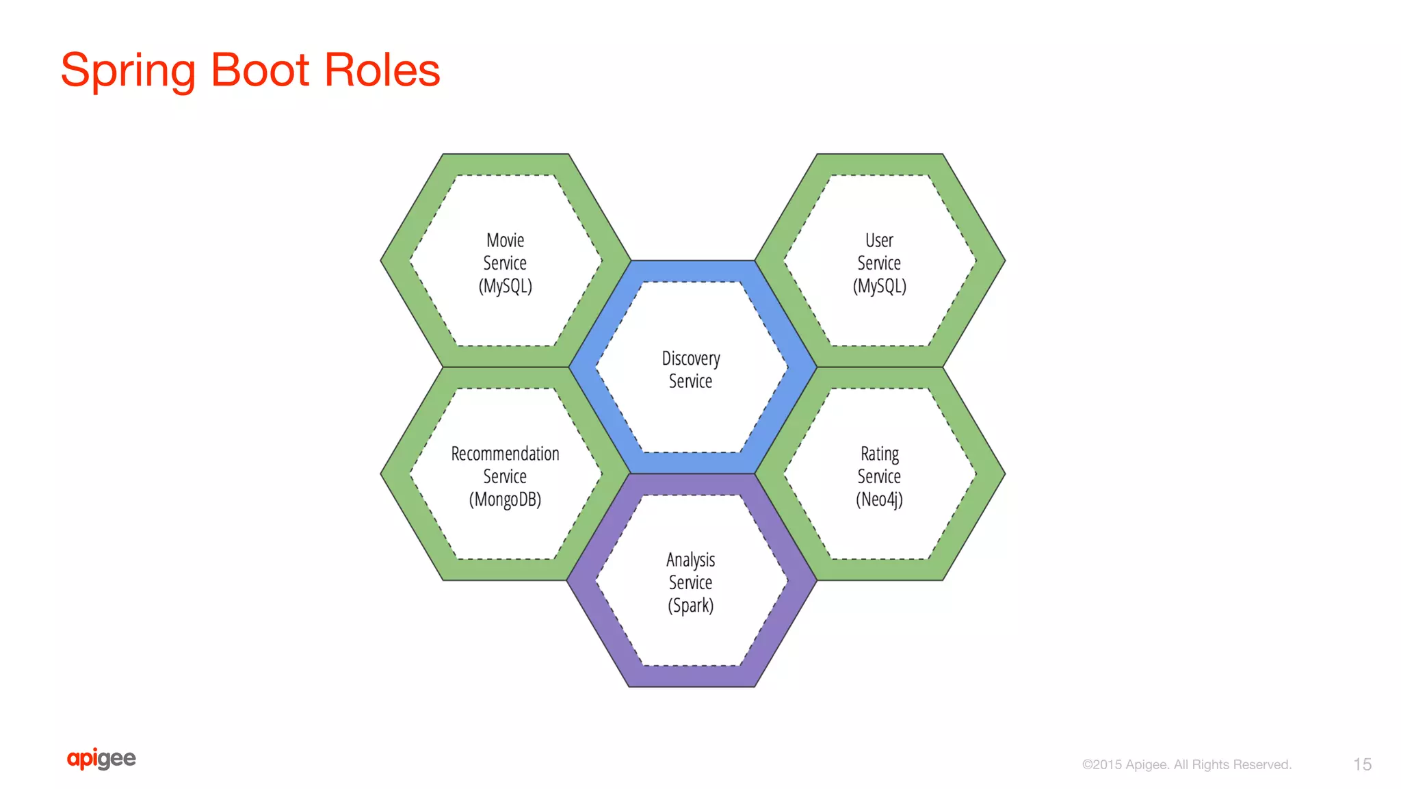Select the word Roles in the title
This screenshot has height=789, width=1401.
(x=382, y=70)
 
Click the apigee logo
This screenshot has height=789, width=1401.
(x=101, y=758)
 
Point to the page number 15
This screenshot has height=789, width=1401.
(x=1361, y=764)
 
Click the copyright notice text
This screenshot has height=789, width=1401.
(x=1186, y=764)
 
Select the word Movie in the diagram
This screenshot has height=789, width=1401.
(x=505, y=240)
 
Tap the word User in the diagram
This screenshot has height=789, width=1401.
(x=879, y=240)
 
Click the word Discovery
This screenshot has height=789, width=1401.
(x=691, y=359)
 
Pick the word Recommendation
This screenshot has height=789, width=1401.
(x=505, y=454)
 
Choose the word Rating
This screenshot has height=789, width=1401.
(x=879, y=454)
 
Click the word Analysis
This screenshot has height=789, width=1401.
(x=691, y=560)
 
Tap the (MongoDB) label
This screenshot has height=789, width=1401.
(x=505, y=500)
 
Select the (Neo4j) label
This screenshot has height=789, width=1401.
(x=879, y=500)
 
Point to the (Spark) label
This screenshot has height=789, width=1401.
(x=691, y=606)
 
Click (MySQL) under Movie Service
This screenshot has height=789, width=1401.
(x=505, y=286)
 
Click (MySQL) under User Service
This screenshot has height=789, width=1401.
(x=879, y=286)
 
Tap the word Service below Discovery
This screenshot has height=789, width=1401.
(x=691, y=381)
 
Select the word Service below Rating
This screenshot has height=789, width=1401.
(x=879, y=476)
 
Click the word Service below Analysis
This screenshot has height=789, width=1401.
(x=691, y=582)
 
